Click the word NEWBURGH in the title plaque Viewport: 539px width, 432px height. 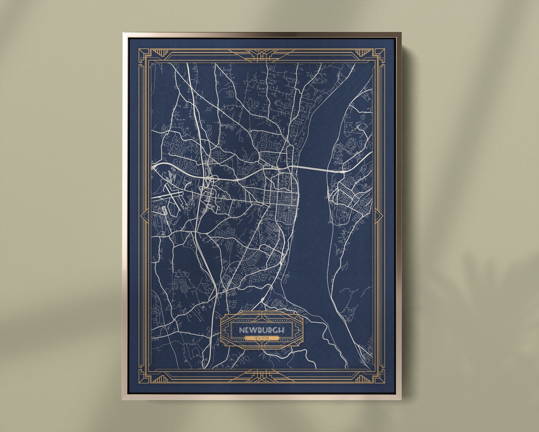click(261, 330)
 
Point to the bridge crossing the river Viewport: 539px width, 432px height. click(312, 169)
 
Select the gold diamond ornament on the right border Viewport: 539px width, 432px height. click(378, 216)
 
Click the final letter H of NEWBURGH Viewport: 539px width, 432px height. click(282, 330)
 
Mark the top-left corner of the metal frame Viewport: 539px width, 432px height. click(123, 33)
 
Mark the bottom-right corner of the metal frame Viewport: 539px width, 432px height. click(400, 398)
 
